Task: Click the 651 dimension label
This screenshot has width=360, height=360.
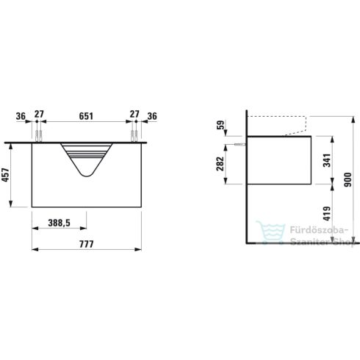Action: point(86,115)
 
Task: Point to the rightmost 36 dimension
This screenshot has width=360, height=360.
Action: point(151,115)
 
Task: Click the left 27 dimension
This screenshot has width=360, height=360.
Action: point(40,115)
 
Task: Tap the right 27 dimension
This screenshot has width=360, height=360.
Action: point(134,115)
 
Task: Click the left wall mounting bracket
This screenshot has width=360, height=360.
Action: point(37,135)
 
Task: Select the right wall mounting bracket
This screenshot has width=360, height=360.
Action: point(134,135)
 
